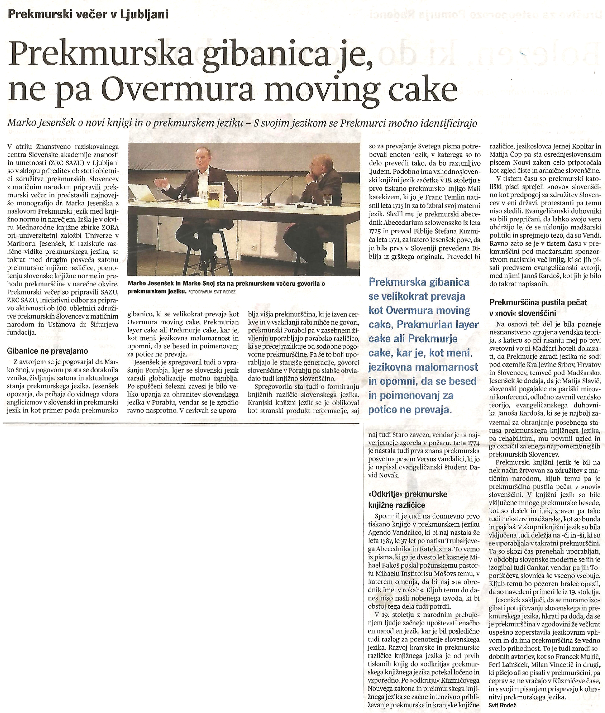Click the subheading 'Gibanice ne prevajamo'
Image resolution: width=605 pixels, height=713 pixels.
point(47,351)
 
